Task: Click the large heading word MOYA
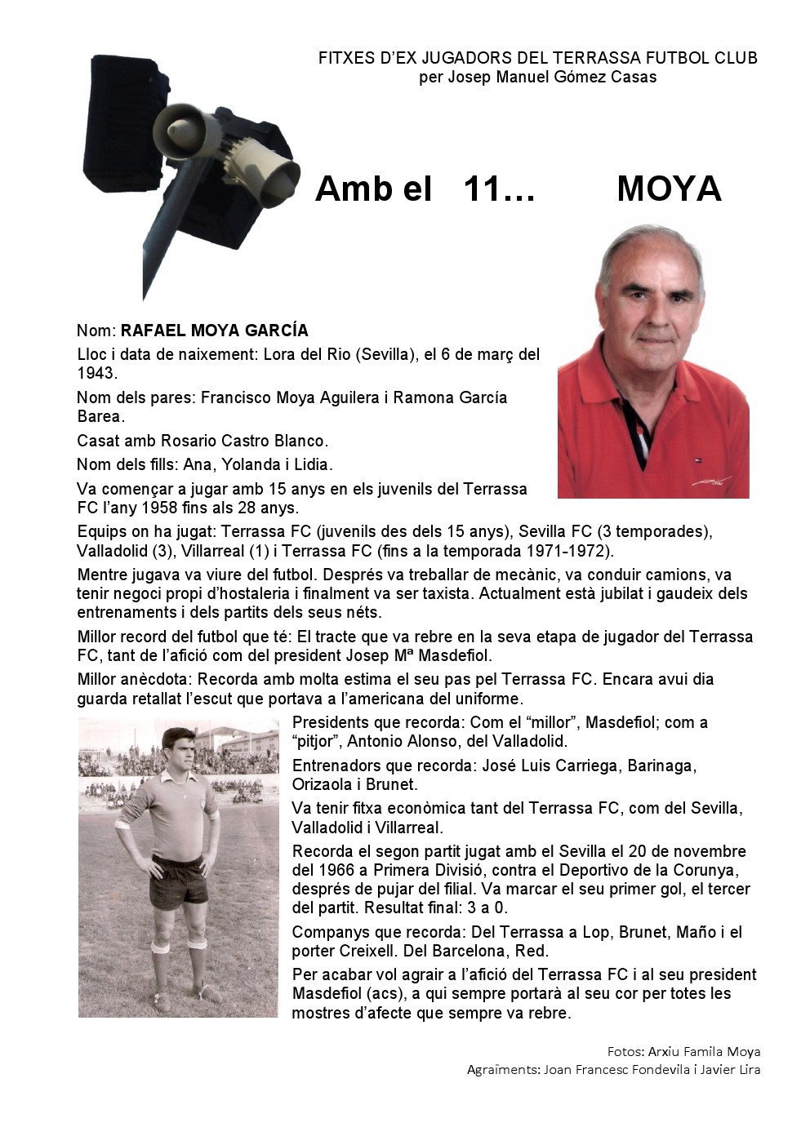[x=669, y=189]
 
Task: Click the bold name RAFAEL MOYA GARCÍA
[x=215, y=331]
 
